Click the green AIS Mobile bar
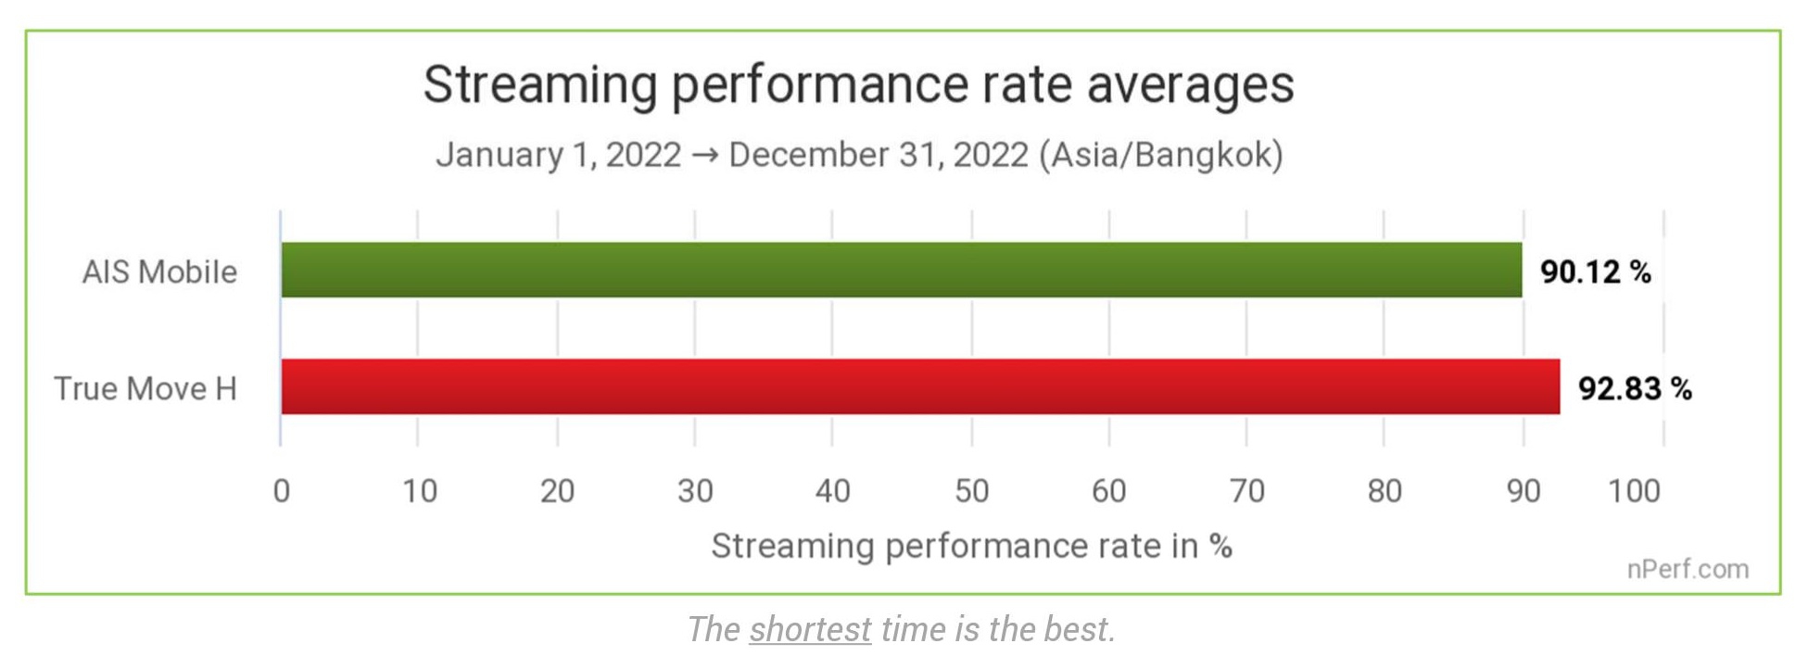901,270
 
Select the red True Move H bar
919,386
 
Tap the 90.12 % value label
1596,271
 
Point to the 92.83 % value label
1635,388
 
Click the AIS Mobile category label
159,271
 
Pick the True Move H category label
145,388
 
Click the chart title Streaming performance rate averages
858,84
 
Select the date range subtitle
859,154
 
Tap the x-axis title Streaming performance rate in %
971,546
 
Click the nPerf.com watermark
1688,569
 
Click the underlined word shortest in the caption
810,629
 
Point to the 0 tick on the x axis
282,491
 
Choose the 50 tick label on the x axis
971,491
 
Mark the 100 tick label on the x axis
1634,491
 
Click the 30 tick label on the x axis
695,491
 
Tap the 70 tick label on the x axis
1247,491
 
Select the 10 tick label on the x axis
420,491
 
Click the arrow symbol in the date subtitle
704,155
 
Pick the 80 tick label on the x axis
1384,491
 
